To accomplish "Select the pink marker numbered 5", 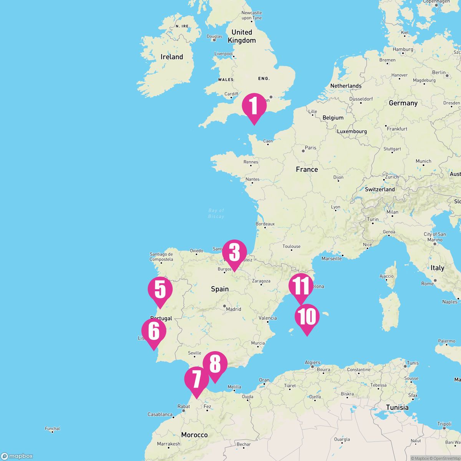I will tap(160, 290).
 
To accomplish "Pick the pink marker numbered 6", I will tap(154, 331).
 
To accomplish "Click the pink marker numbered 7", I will tap(197, 380).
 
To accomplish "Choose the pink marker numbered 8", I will tap(215, 364).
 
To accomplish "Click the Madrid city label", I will tap(234, 309).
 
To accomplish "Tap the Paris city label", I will tap(310, 148).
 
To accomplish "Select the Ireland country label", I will tap(172, 57).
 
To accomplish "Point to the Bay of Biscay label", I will tap(216, 213).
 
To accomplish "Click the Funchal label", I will tap(52, 428).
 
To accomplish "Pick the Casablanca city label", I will tap(160, 414).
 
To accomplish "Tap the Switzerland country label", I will tap(380, 189).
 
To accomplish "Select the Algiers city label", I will tap(312, 362).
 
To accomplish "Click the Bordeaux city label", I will tap(265, 224).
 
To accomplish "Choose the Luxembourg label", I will tap(352, 131).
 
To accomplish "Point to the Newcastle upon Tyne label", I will tap(252, 15).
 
